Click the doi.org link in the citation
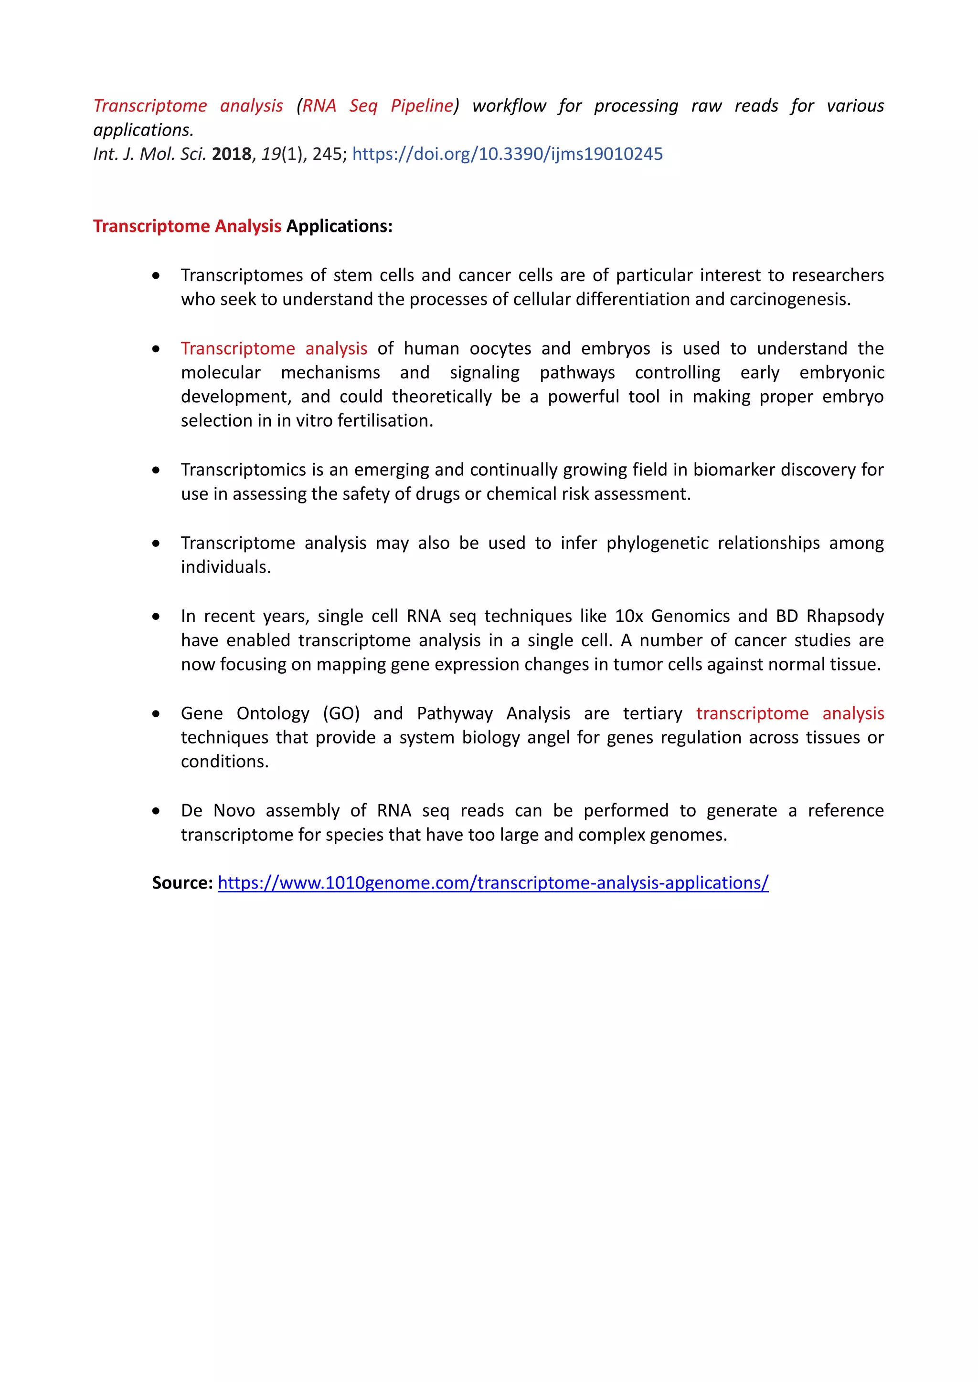coord(507,154)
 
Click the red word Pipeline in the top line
coord(422,106)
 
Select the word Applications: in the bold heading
coord(339,226)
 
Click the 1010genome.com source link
coord(493,882)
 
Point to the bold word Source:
coord(182,882)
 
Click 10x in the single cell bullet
coord(627,617)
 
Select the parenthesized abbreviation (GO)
coord(341,713)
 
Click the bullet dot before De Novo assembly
coord(156,811)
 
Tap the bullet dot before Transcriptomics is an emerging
coord(156,470)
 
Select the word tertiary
coord(652,713)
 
